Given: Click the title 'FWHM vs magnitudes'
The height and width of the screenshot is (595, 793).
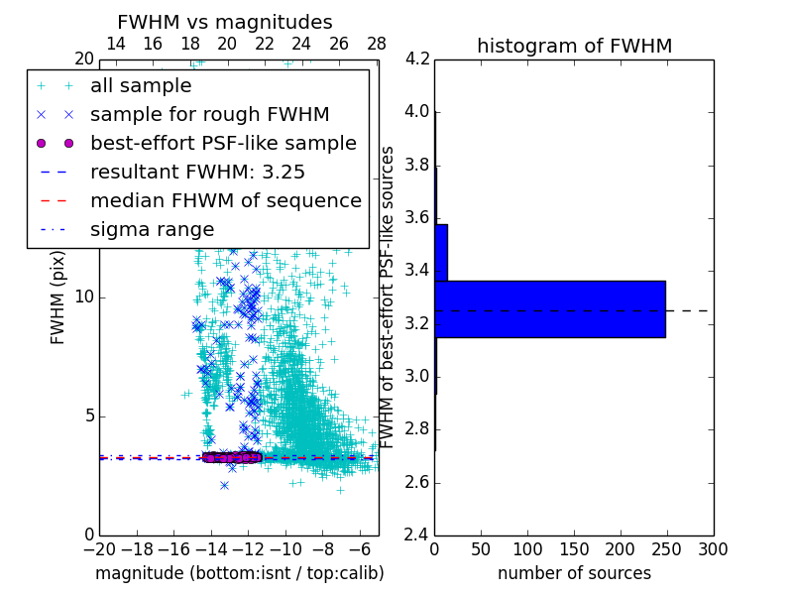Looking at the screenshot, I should [x=225, y=22].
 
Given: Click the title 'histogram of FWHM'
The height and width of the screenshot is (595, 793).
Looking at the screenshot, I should [x=574, y=46].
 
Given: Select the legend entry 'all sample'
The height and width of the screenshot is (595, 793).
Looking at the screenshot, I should [x=141, y=86].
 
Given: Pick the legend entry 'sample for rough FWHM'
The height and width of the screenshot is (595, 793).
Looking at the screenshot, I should [x=209, y=114].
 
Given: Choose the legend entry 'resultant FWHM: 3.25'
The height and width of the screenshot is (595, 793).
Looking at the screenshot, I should [x=197, y=172].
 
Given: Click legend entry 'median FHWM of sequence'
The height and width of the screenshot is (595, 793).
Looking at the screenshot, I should [x=225, y=200].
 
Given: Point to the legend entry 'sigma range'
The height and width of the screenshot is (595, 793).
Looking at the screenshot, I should [x=152, y=229].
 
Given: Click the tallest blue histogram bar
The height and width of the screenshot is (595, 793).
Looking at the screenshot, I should [x=550, y=308].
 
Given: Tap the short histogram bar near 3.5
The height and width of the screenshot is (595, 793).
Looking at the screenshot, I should [x=441, y=252].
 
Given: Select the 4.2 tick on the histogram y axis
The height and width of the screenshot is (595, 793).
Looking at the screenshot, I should [x=416, y=59].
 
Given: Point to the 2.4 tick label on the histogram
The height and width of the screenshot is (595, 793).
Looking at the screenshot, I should [x=416, y=535].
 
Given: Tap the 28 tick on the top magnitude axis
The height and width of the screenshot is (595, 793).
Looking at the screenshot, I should [x=377, y=45].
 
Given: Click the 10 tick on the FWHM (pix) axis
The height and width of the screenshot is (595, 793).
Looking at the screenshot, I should [x=85, y=297].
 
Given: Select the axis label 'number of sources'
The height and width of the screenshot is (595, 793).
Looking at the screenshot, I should [x=574, y=573].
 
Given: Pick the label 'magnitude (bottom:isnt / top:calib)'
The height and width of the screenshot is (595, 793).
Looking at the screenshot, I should [x=239, y=573].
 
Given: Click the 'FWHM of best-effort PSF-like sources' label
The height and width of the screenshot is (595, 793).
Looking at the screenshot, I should [x=389, y=297].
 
